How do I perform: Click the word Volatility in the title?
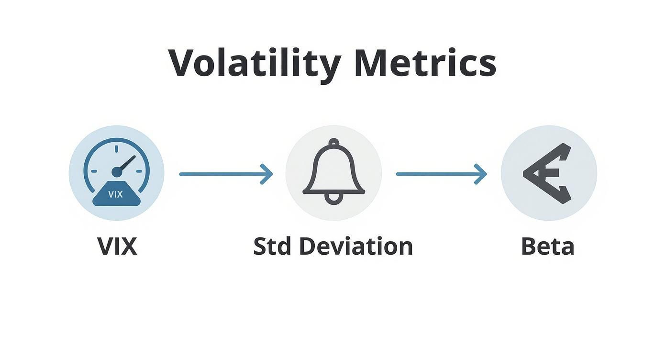(x=255, y=64)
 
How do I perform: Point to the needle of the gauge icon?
(x=127, y=164)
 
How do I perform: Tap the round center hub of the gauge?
(x=117, y=172)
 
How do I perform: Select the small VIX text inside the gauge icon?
(x=116, y=194)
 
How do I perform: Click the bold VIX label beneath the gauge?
(x=117, y=247)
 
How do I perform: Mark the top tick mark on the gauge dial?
(x=116, y=150)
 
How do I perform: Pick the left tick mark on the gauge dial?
(x=94, y=171)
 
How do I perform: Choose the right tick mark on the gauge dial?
(x=139, y=171)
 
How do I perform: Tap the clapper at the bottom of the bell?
(x=333, y=198)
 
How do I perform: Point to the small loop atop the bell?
(x=334, y=142)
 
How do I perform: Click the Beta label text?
(x=547, y=247)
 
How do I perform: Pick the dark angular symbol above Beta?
(x=547, y=173)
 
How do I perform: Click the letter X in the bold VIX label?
(x=128, y=247)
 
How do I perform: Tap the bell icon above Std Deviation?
(x=333, y=172)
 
